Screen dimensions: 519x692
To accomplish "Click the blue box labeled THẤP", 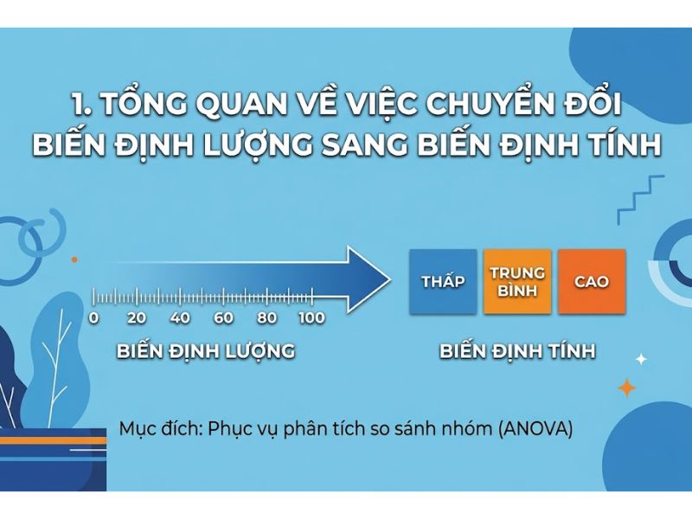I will coord(443,282).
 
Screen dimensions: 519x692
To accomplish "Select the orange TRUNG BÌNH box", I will coord(517,282).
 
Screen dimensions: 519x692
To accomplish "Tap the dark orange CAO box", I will coord(592,282).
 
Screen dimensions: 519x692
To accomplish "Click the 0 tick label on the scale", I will coord(93,318).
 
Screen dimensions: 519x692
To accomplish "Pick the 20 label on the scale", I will coord(137,318).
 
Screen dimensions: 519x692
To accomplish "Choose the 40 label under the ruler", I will coord(180,318).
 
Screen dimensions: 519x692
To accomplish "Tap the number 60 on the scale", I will coord(223,318).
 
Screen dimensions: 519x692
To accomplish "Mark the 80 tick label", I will coord(266,318).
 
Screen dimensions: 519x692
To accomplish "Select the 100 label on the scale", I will coord(311,318).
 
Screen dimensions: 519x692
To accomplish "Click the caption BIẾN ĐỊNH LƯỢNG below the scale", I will coord(206,352).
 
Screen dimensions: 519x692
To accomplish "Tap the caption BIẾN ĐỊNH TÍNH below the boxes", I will coord(517,352).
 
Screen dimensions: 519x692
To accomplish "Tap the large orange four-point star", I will coord(627,388).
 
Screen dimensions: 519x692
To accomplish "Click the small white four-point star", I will coord(641,358).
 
